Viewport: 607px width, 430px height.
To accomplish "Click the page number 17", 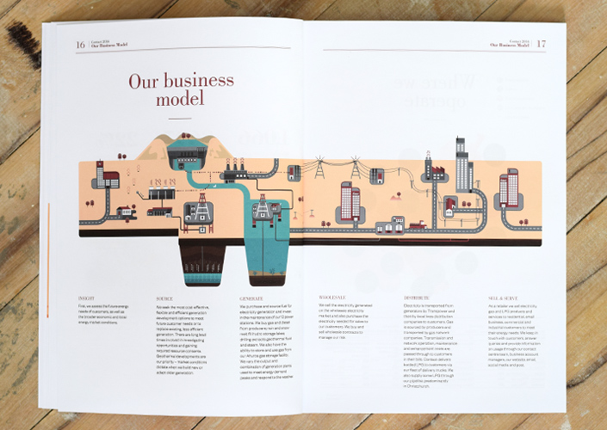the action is [541, 43].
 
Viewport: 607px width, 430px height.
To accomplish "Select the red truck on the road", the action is [421, 226].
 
